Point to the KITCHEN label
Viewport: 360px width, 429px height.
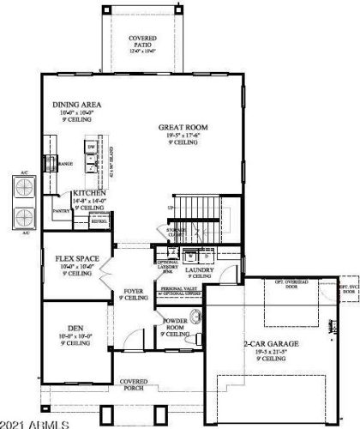click(89, 194)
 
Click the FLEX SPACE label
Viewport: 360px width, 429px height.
click(76, 258)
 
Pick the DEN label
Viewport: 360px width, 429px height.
click(76, 328)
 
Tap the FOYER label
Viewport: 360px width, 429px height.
click(133, 292)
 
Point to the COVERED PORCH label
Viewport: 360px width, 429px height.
click(133, 384)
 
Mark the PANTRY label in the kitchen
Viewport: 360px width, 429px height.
click(61, 210)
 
